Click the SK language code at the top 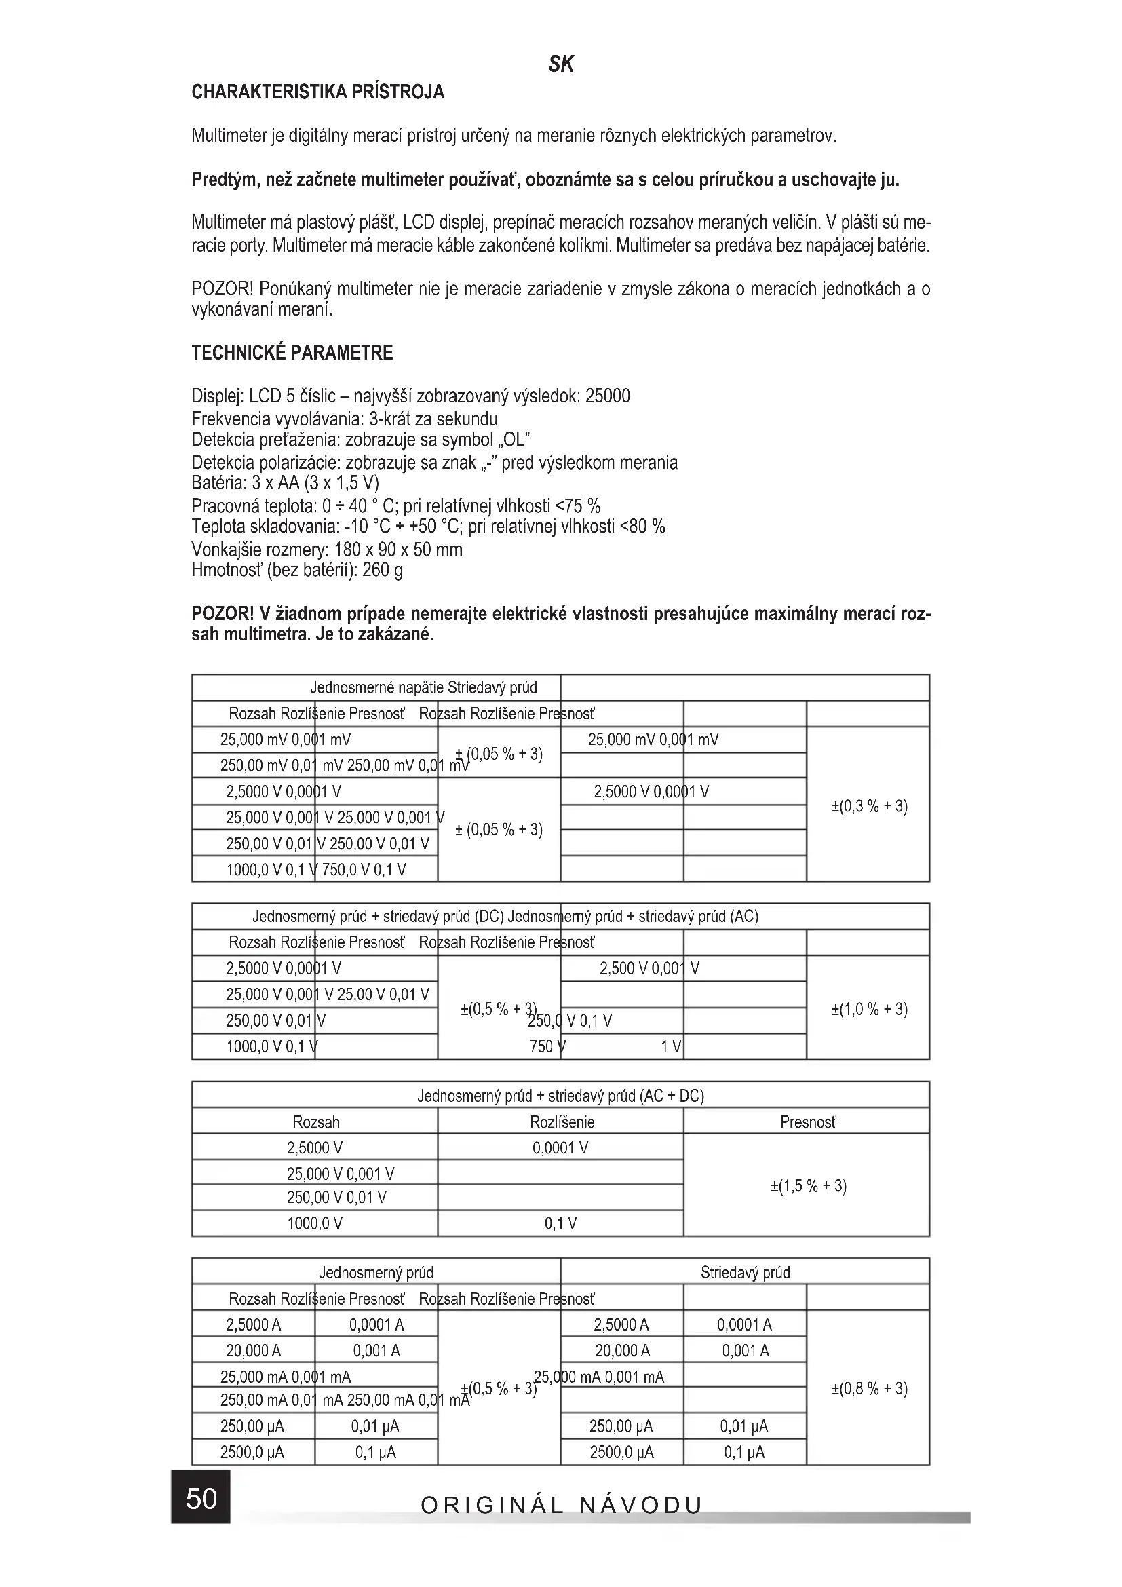click(x=560, y=64)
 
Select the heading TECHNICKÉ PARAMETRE click(x=292, y=353)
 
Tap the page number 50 click(x=201, y=1498)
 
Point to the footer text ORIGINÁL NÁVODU click(x=561, y=1505)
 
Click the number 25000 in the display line click(x=607, y=396)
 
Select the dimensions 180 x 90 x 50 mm click(x=398, y=550)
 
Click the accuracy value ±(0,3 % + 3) click(x=869, y=806)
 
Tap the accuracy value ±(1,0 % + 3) click(x=869, y=1009)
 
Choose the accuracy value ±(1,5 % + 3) click(x=809, y=1186)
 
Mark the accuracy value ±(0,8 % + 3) click(x=869, y=1388)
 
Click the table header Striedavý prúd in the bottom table click(x=745, y=1272)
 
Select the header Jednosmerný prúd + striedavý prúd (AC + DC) click(x=560, y=1096)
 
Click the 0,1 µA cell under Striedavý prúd click(x=744, y=1452)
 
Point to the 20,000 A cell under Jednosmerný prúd click(x=253, y=1351)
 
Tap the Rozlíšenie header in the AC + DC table click(x=562, y=1122)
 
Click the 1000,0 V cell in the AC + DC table click(x=314, y=1223)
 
